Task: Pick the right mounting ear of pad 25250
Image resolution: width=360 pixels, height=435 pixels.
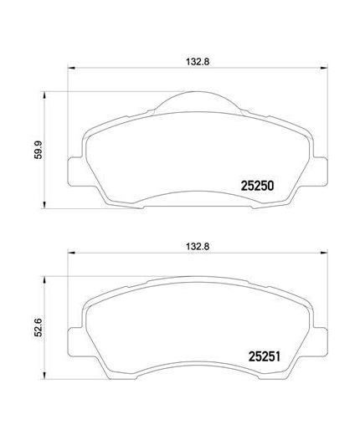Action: tap(318, 170)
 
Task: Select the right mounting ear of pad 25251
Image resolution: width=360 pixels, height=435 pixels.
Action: tap(318, 335)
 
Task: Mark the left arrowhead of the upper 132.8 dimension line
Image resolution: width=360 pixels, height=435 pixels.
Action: tap(69, 69)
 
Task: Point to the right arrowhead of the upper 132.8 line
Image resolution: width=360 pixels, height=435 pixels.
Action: tap(322, 69)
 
